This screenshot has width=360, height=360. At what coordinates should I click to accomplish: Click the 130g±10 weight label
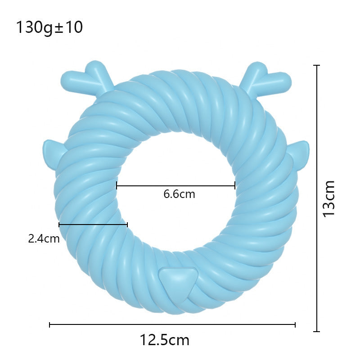49,28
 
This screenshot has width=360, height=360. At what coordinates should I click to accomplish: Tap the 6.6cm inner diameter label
179,194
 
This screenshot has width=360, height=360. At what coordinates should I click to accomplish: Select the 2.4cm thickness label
44,238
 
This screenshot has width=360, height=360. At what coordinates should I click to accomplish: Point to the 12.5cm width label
164,340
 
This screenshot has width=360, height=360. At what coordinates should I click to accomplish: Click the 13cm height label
329,198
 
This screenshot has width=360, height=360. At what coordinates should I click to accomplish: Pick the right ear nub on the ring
300,153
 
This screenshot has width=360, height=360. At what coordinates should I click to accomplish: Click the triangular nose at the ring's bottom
179,279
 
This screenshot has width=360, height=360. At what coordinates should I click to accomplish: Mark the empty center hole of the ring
176,171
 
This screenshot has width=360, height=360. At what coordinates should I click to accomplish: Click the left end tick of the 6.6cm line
117,185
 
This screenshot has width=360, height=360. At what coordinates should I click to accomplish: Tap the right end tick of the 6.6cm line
235,185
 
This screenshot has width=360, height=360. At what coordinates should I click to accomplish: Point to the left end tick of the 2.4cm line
59,224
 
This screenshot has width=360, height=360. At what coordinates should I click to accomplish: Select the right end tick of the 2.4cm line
127,224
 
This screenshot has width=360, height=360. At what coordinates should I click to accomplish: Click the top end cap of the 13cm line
317,66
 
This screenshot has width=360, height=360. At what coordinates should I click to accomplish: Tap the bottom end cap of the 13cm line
317,331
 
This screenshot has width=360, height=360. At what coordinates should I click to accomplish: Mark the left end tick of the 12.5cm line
49,324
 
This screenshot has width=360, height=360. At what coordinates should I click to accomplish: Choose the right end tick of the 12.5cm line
295,324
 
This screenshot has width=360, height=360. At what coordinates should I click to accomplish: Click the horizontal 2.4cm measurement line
93,224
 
